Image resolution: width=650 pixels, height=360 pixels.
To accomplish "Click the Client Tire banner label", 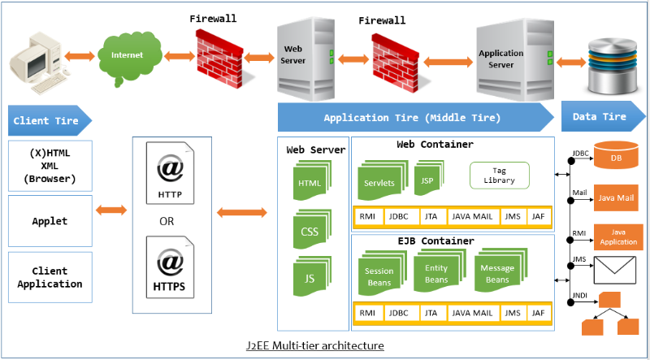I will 47,121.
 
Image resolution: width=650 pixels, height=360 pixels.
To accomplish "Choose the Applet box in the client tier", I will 50,221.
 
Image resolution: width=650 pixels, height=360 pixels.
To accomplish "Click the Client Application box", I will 50,278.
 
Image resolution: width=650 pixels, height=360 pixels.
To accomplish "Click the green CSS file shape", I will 310,232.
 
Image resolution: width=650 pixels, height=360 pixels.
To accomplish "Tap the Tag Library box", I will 499,175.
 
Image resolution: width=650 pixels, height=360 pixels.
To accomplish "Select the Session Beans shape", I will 379,274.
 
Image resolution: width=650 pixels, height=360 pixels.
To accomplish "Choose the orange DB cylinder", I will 616,158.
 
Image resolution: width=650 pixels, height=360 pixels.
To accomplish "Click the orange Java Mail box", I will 616,197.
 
